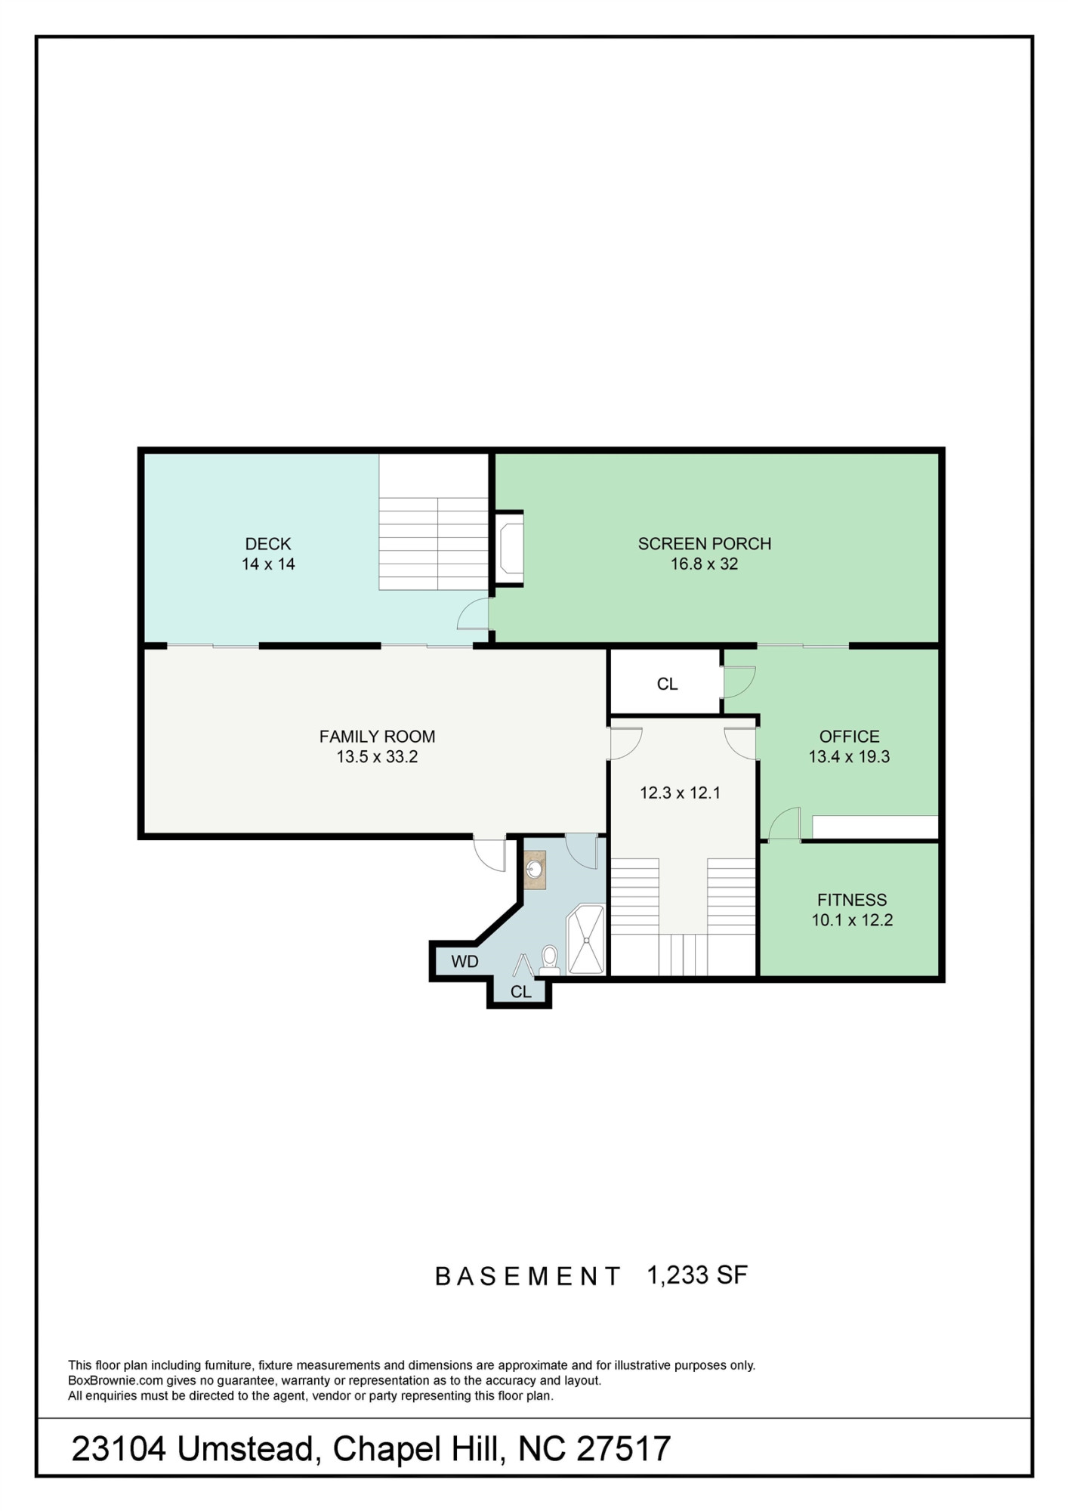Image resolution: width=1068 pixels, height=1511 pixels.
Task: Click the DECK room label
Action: click(x=268, y=543)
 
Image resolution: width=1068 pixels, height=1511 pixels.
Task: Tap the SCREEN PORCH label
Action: click(x=704, y=543)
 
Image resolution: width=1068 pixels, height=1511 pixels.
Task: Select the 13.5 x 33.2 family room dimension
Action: click(x=377, y=756)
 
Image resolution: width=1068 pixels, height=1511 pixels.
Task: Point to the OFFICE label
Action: click(x=849, y=736)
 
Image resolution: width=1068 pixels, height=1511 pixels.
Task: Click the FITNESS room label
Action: click(x=851, y=899)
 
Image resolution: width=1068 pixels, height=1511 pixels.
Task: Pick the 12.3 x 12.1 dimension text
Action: click(x=680, y=793)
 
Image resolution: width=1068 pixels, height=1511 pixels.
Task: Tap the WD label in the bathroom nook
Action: click(x=465, y=962)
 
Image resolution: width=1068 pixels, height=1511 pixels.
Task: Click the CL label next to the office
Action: click(x=667, y=684)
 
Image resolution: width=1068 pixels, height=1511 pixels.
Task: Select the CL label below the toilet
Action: click(x=520, y=992)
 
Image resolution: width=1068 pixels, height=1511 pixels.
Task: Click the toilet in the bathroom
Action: click(x=549, y=958)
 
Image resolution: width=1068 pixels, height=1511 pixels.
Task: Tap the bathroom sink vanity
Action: click(x=536, y=870)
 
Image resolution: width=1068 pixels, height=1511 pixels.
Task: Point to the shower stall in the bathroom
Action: click(x=586, y=939)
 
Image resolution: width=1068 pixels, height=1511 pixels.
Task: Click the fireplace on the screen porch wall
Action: click(x=510, y=548)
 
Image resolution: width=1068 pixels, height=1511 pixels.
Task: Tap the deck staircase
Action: click(x=434, y=542)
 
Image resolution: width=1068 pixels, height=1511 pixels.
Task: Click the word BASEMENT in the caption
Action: click(x=527, y=1277)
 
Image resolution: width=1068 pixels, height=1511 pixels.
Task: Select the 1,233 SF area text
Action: click(x=696, y=1275)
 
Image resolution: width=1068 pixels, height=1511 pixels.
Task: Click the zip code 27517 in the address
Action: click(x=623, y=1449)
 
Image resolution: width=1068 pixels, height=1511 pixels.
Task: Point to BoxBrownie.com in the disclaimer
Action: click(x=116, y=1380)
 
